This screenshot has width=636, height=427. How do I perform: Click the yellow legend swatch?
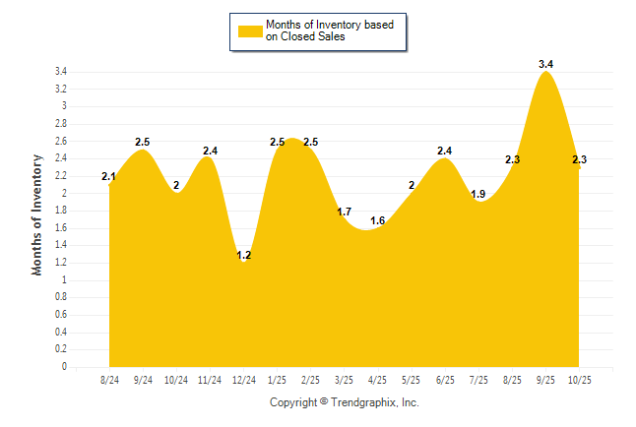coord(250,30)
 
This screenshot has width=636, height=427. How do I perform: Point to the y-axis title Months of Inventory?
coord(37,213)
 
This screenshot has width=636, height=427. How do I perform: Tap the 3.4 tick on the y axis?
coord(60,72)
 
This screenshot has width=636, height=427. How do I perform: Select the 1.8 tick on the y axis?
coord(60,211)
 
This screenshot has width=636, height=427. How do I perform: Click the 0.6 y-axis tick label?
coord(60,315)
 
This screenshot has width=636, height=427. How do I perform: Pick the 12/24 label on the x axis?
coord(243,380)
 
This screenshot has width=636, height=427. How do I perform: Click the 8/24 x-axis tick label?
coord(109,380)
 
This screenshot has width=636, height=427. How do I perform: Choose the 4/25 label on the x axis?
coord(377,380)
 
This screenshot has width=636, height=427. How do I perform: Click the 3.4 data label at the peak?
coord(546,65)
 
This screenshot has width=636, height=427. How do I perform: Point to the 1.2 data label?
coord(244,255)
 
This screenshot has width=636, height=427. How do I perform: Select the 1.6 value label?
coord(377,220)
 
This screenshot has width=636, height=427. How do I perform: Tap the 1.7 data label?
coord(345,212)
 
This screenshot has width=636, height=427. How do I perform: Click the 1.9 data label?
coord(478,194)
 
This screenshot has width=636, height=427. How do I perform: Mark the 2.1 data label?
coord(109,177)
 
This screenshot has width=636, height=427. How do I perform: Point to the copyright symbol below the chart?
coord(325,402)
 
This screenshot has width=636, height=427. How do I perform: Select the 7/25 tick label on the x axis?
coord(478,380)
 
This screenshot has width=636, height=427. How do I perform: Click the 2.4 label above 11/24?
coord(211,151)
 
